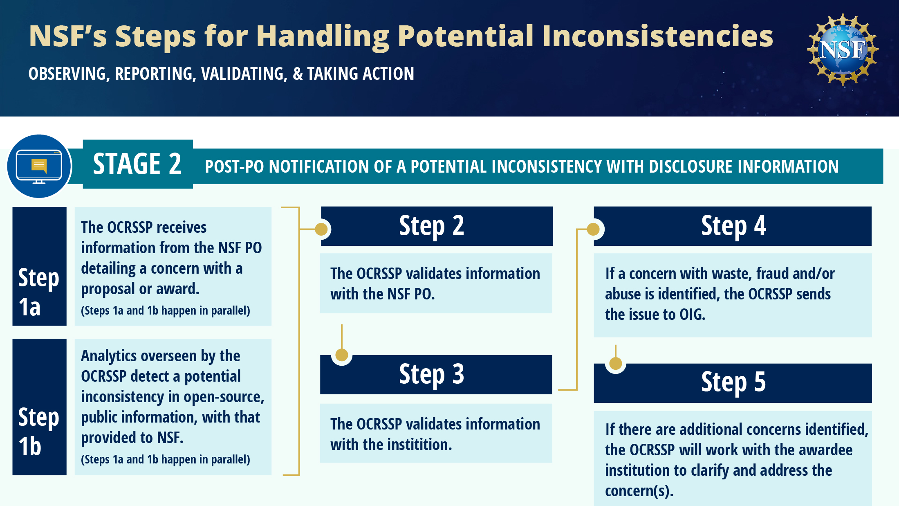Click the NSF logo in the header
point(843,49)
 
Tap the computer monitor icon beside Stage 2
point(39,166)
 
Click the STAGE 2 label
point(137,164)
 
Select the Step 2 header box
point(437,226)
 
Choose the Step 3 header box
point(436,375)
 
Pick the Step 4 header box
point(733,226)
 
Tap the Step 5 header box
point(733,383)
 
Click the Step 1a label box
point(40,266)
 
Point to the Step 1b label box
point(40,407)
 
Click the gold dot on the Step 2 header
point(321,229)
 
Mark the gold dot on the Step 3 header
point(342,355)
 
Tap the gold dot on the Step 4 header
point(593,229)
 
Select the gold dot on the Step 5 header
point(616,363)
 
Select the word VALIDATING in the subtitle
point(244,74)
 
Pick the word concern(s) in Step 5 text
point(639,491)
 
